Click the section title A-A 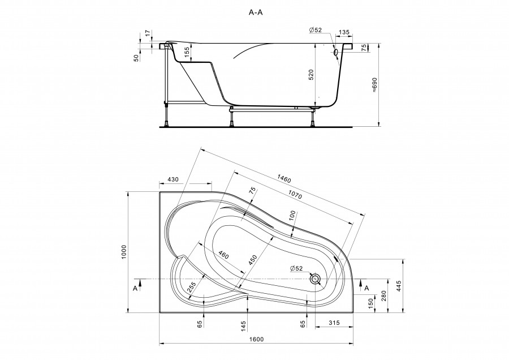[256, 12]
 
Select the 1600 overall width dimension [256, 340]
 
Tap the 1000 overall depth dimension [124, 252]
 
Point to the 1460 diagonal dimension [284, 178]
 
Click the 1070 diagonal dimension [295, 194]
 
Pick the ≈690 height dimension [374, 85]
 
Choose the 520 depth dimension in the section [311, 75]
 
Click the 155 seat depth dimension [187, 52]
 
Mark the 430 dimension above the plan [174, 179]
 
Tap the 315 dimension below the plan [334, 323]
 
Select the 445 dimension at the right [399, 286]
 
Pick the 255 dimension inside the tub [192, 286]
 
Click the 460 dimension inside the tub [223, 255]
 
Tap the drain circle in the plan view [315, 278]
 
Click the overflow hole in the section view [335, 52]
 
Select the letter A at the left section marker [135, 288]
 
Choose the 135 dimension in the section [344, 32]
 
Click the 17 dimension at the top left [148, 33]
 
